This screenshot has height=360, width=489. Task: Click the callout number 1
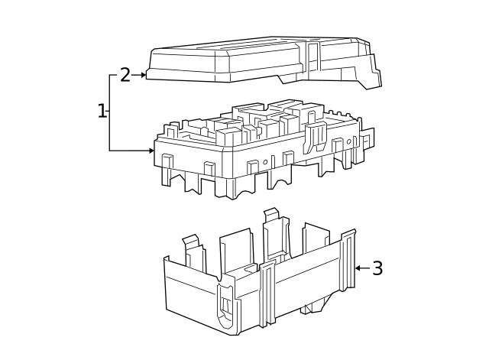click(x=102, y=112)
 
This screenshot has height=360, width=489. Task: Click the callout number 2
click(x=125, y=75)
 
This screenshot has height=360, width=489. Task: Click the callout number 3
click(x=377, y=268)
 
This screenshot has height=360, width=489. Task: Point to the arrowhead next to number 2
click(x=143, y=75)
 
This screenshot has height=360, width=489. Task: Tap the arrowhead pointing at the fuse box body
click(x=151, y=151)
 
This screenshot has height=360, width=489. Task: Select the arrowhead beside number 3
click(x=358, y=268)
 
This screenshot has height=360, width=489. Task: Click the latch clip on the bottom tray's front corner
click(x=225, y=302)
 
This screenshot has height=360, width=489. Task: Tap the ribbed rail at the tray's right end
click(x=348, y=260)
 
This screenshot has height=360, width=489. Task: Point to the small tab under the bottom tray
click(x=308, y=308)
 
